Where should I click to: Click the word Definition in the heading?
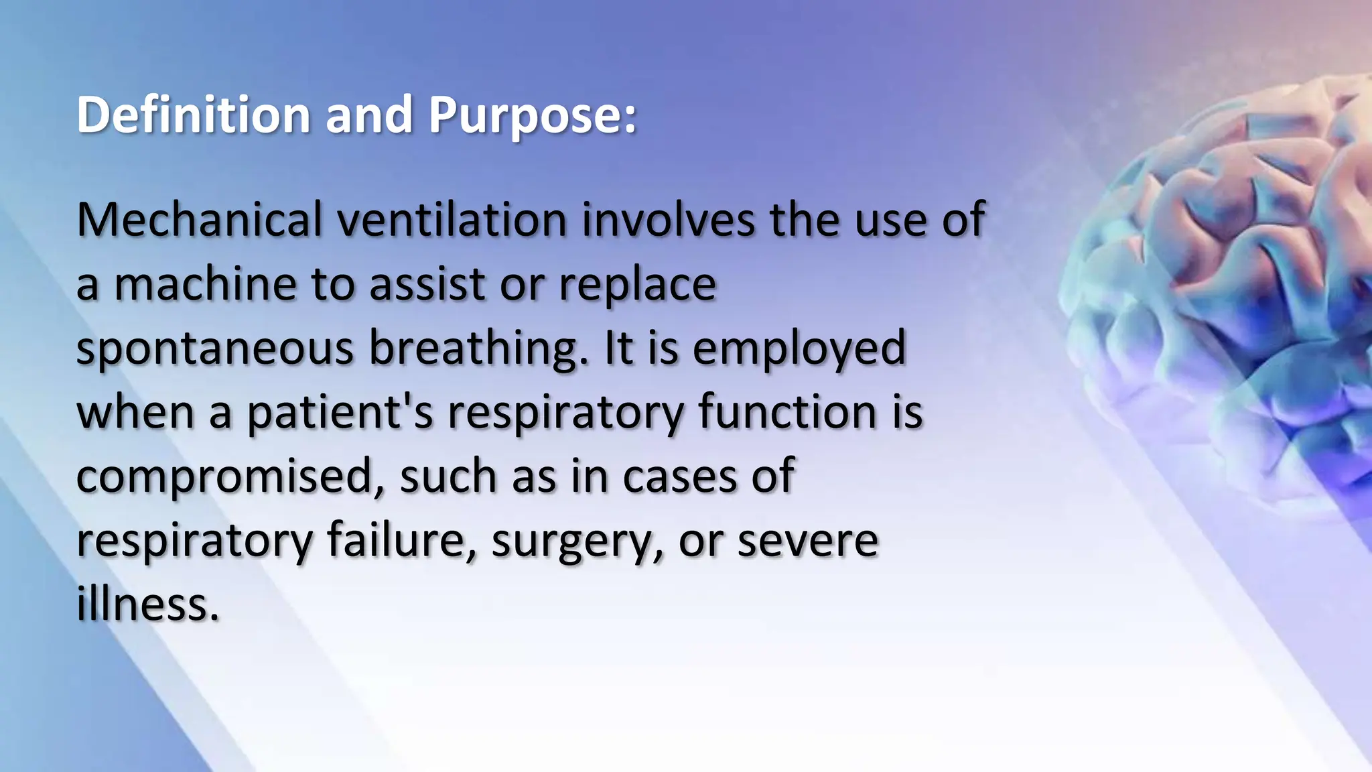click(193, 115)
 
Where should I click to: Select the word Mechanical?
click(199, 220)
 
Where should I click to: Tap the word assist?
click(427, 284)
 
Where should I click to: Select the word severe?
click(807, 540)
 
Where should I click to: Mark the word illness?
click(148, 603)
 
